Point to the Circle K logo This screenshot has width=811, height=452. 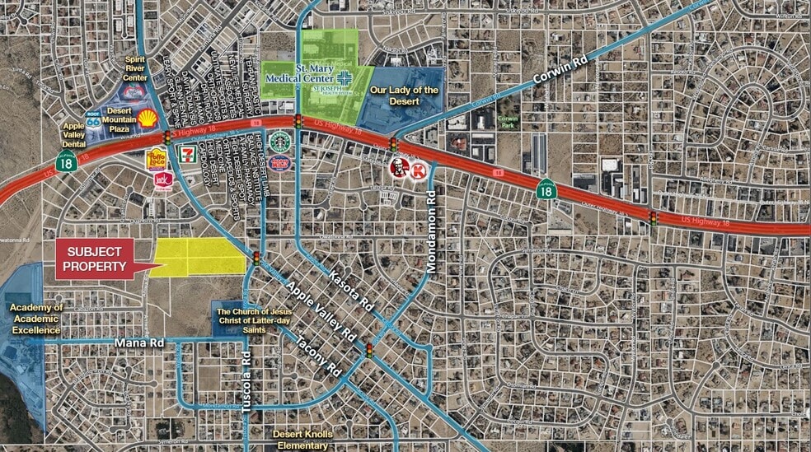coord(420,170)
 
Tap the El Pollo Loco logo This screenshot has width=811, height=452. coord(157,158)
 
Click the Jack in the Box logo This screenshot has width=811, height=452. coord(162,179)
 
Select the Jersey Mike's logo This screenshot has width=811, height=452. coord(280,162)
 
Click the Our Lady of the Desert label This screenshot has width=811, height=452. coord(405,96)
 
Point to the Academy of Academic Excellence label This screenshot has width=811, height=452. coord(35,319)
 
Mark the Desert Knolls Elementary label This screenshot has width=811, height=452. coord(301,439)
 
